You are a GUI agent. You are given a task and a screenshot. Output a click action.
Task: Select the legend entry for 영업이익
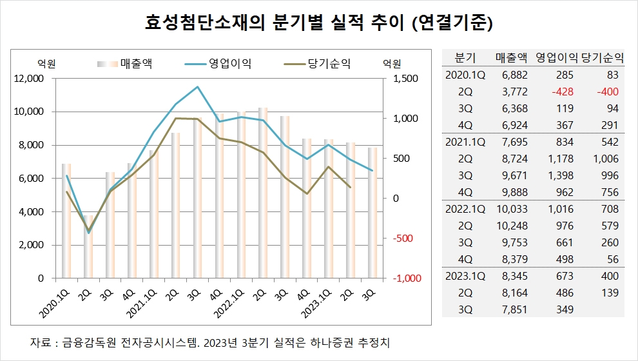click(229, 63)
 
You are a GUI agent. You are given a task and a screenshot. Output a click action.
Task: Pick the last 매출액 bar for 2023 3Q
click(372, 213)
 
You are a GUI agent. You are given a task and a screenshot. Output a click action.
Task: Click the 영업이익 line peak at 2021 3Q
click(197, 87)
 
